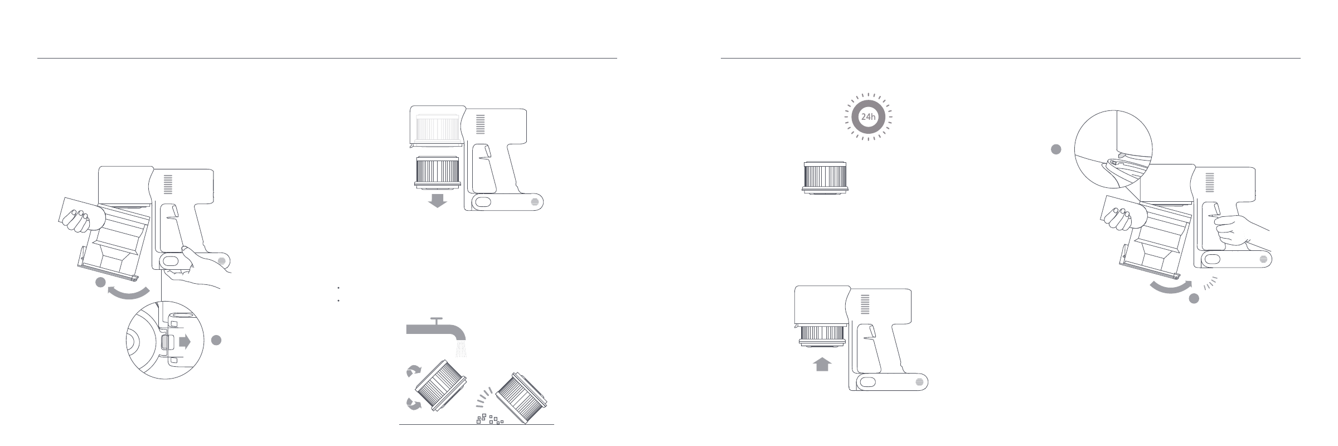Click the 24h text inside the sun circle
[x=869, y=117]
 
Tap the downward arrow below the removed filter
[x=437, y=201]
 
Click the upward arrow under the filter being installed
[x=823, y=365]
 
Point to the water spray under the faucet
[x=460, y=349]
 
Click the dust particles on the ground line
[x=489, y=419]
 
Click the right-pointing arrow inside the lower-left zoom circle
[x=182, y=342]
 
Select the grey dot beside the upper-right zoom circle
[x=1056, y=149]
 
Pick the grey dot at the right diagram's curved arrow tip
[x=1194, y=298]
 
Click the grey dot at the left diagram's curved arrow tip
[x=100, y=283]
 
